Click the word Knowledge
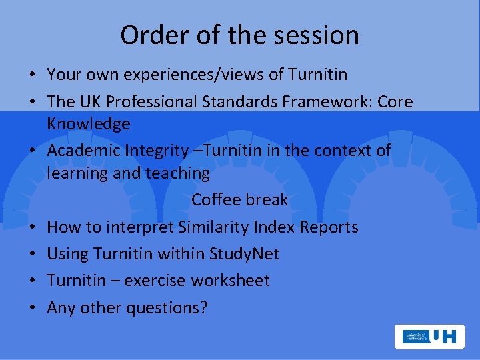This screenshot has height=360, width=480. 89,124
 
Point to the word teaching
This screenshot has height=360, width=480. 179,173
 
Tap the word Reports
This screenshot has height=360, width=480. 329,227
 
